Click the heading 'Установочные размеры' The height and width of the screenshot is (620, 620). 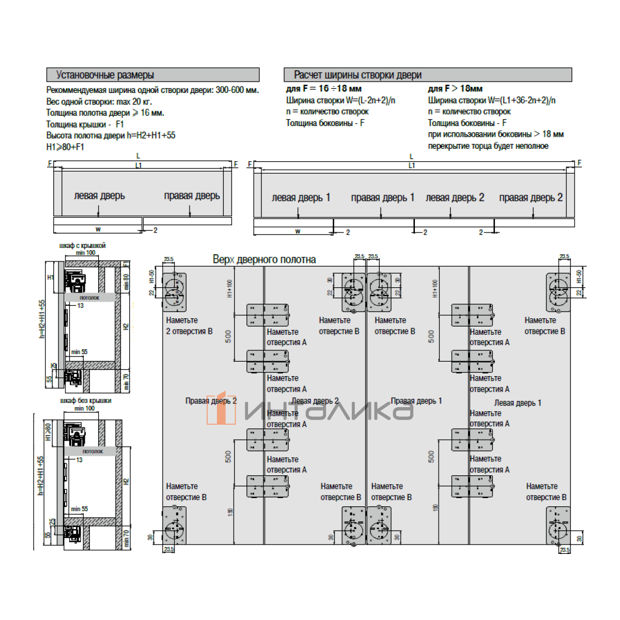[105, 75]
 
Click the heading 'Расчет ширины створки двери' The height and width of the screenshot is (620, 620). [358, 75]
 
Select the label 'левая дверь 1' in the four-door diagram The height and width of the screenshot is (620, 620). [301, 197]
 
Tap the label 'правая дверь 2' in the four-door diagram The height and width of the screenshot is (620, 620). [531, 197]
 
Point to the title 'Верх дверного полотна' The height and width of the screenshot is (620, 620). [264, 259]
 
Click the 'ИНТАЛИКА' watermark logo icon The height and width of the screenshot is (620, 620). [221, 408]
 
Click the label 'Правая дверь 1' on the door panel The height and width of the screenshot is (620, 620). [416, 401]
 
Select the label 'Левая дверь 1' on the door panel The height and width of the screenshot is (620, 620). [517, 403]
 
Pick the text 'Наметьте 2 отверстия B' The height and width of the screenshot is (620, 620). [189, 326]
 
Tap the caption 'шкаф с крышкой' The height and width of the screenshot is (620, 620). [82, 245]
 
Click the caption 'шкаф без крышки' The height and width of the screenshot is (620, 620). [85, 400]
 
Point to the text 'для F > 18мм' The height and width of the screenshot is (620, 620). [455, 89]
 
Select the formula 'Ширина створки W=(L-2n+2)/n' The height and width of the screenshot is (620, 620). [340, 100]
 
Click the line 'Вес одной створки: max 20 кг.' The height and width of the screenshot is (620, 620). [99, 101]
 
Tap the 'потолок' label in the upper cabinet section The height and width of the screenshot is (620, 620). [89, 298]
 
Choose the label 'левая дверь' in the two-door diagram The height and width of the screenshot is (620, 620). [99, 196]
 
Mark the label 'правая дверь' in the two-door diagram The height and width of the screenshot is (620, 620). [192, 196]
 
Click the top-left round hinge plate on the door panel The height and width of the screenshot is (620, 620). [175, 292]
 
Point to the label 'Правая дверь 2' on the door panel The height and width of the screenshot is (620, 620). [211, 401]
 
